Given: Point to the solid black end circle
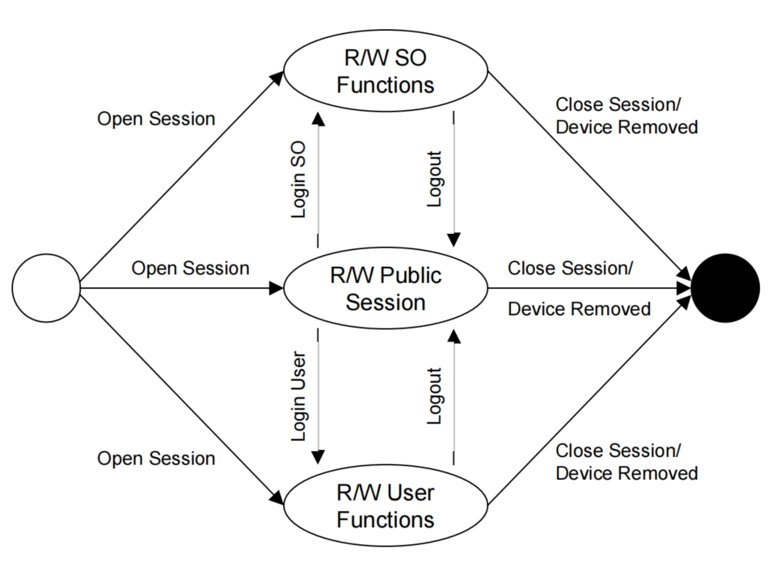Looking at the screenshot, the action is pyautogui.click(x=725, y=288).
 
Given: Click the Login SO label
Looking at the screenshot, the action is pyautogui.click(x=298, y=180).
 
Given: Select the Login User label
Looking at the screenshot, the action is pyautogui.click(x=298, y=396).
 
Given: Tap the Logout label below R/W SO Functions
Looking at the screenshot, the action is pyautogui.click(x=434, y=180).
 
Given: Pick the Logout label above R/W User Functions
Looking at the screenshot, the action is pyautogui.click(x=434, y=396).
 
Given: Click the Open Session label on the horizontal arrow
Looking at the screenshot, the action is pyautogui.click(x=191, y=269).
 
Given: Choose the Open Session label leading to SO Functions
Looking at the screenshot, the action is pyautogui.click(x=156, y=119).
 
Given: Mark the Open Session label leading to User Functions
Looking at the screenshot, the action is pyautogui.click(x=156, y=459).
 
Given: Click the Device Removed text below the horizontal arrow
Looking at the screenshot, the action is pyautogui.click(x=580, y=309).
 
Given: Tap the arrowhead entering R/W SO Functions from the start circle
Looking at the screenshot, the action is pyautogui.click(x=276, y=78).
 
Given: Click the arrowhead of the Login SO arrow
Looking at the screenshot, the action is pyautogui.click(x=318, y=119).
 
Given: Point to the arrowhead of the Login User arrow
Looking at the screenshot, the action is pyautogui.click(x=318, y=458).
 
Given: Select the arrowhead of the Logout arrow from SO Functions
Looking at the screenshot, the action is pyautogui.click(x=453, y=240).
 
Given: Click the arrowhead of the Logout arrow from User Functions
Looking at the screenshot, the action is pyautogui.click(x=453, y=336).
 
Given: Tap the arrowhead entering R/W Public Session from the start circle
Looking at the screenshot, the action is pyautogui.click(x=276, y=288).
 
